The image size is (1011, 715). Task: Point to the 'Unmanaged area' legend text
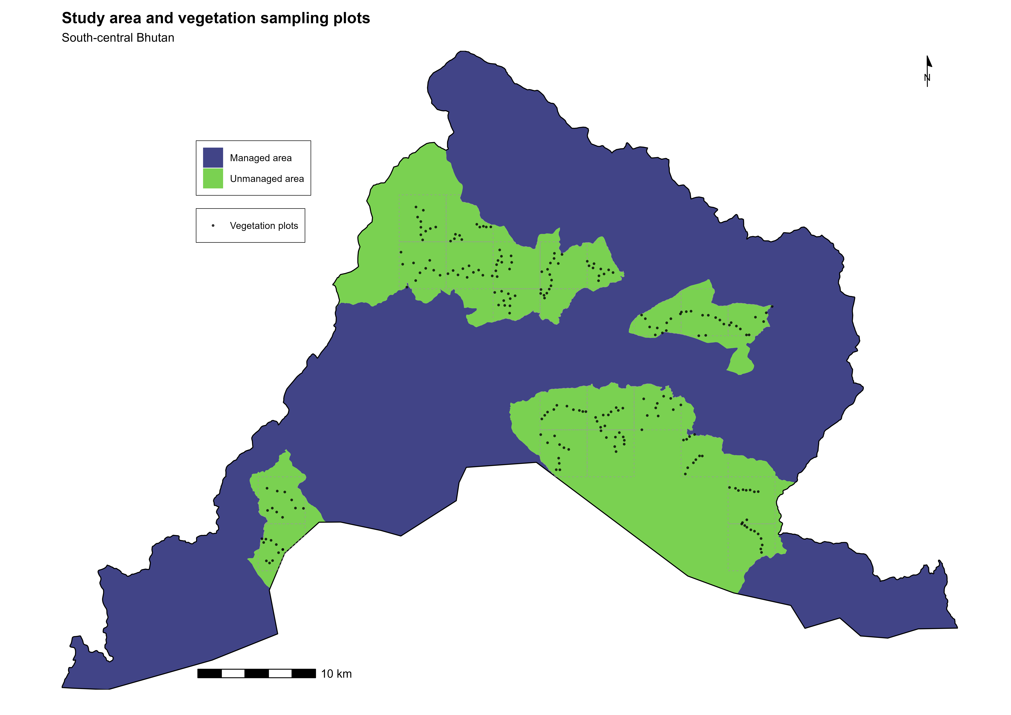pyautogui.click(x=267, y=179)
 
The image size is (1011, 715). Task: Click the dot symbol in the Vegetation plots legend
pyautogui.click(x=213, y=226)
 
